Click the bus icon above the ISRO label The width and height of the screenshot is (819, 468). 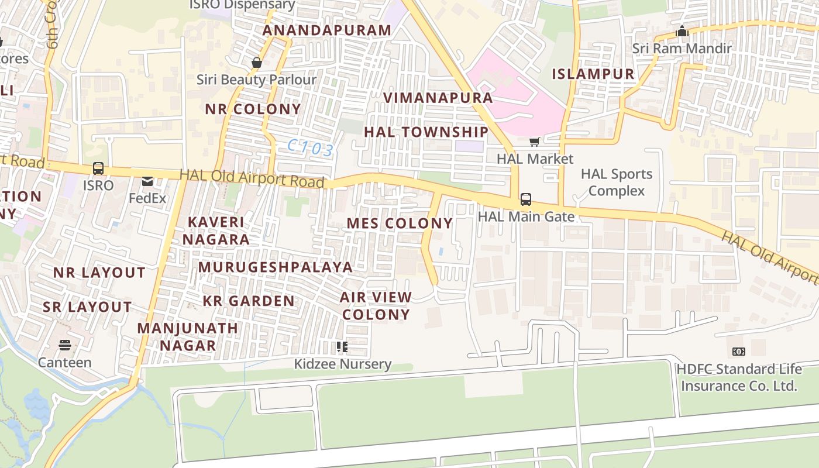[98, 168]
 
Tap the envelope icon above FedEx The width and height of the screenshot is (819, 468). [147, 181]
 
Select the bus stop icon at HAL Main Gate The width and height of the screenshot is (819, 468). [526, 199]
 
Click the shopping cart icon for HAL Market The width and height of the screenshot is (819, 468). [534, 142]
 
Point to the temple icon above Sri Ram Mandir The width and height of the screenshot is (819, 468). [682, 32]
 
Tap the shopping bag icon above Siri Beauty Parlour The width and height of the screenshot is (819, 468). [256, 63]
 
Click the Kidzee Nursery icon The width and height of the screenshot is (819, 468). [342, 347]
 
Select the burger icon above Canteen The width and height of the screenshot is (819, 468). [65, 345]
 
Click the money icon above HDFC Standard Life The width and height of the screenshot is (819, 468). [738, 352]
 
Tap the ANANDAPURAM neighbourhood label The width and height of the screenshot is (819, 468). [327, 30]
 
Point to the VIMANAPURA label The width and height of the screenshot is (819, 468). [438, 97]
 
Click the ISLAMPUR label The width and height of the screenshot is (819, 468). [593, 74]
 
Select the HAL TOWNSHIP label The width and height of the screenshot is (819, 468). [426, 132]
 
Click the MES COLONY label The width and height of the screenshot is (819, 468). [400, 223]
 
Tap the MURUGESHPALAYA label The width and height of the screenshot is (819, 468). [276, 267]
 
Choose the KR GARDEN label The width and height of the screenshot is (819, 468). [249, 301]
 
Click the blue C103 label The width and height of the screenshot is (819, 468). [311, 148]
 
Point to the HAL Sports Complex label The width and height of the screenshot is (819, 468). [616, 183]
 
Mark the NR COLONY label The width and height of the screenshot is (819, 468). [253, 109]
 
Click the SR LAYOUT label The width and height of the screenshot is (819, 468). [87, 307]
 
